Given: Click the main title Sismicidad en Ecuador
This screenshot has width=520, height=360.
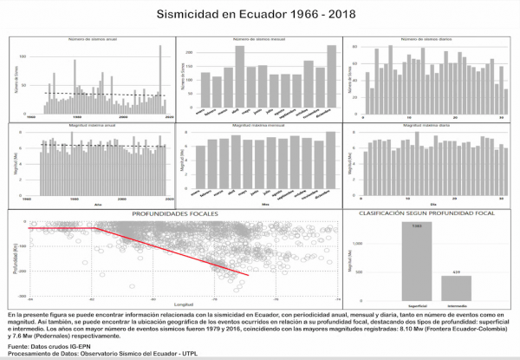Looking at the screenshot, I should point(259,15).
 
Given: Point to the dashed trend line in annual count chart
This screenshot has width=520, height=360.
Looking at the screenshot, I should point(104,93).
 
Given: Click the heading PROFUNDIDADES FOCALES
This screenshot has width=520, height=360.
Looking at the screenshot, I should point(179,212).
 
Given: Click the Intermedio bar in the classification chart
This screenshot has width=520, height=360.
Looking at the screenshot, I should point(457,285).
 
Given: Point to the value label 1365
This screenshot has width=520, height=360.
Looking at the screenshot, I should point(416,226).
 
